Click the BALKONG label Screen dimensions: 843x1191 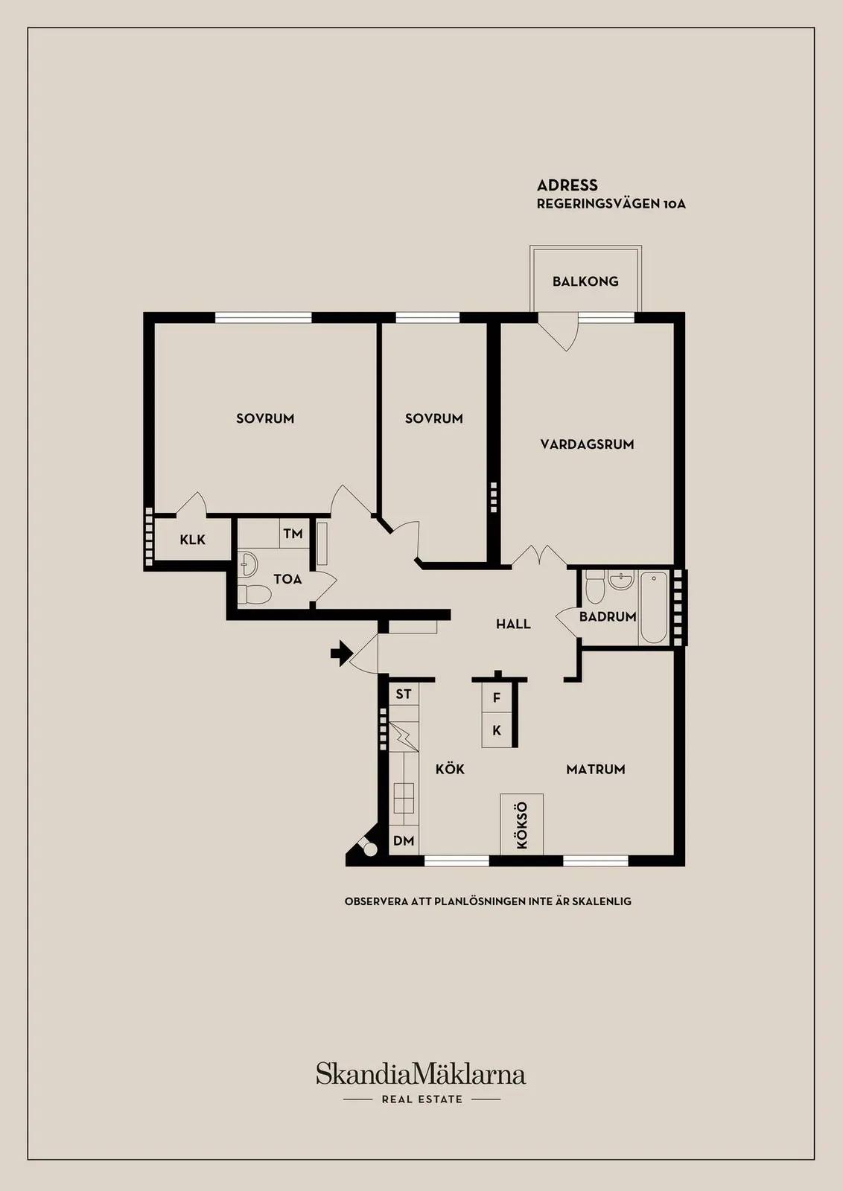[585, 281]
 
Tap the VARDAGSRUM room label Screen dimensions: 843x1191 [587, 444]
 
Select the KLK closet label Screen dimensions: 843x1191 [192, 540]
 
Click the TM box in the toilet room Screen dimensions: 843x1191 [294, 533]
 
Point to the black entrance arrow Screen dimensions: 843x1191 [342, 653]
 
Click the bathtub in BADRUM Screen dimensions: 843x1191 [654, 607]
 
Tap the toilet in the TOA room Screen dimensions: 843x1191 [254, 595]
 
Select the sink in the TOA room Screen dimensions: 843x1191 [248, 563]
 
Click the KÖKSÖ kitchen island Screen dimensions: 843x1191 [522, 824]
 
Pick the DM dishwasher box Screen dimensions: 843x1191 [404, 840]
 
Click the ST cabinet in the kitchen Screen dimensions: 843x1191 [404, 694]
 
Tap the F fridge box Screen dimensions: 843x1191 [497, 698]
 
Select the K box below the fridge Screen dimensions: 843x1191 [497, 730]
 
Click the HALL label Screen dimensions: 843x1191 [513, 624]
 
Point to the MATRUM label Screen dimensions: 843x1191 [596, 769]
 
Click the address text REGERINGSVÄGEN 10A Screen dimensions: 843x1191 [611, 204]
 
